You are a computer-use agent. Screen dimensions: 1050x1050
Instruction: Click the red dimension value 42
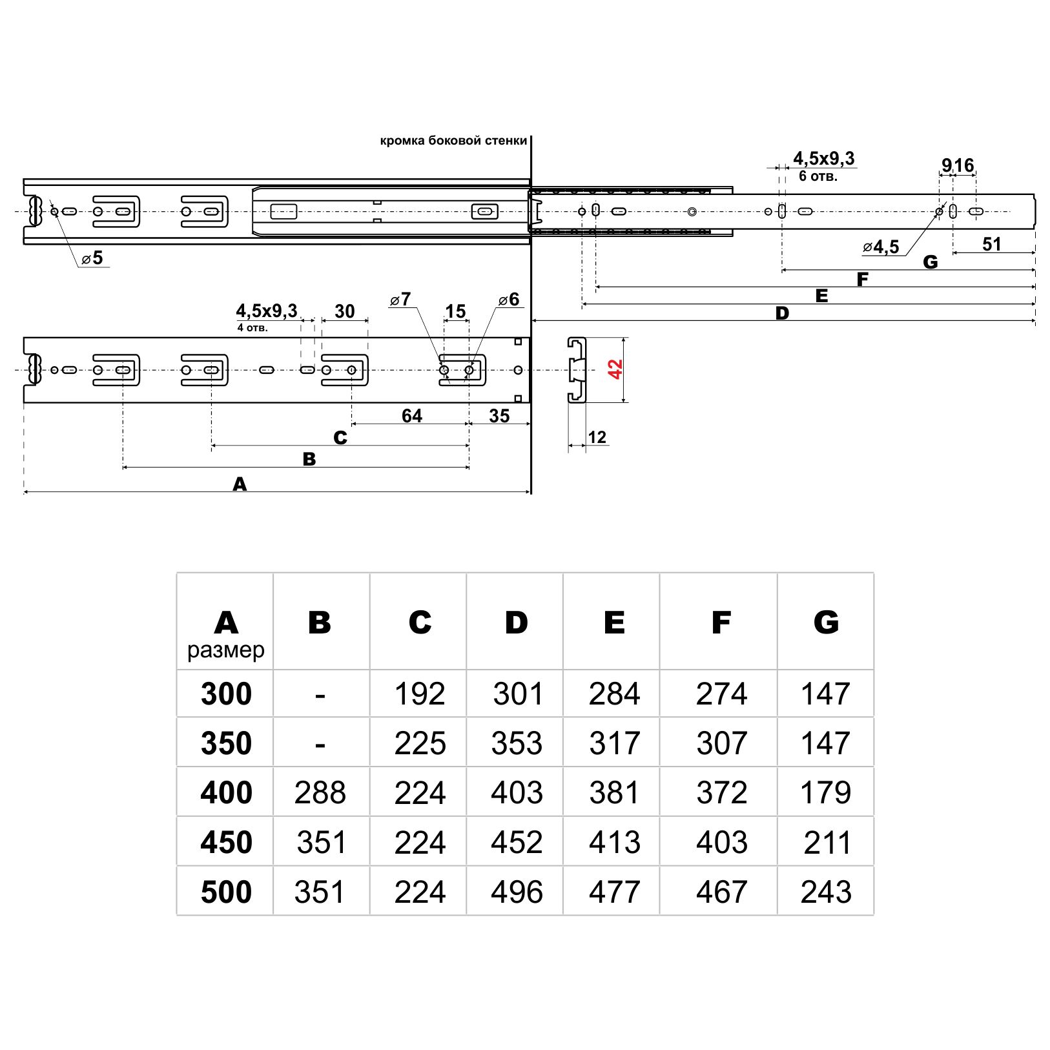pyautogui.click(x=615, y=369)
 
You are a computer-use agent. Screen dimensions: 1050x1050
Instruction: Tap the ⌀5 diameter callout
pyautogui.click(x=93, y=258)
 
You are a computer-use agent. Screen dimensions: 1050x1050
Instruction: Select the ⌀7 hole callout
pyautogui.click(x=400, y=300)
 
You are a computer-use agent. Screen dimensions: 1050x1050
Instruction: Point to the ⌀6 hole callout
pyautogui.click(x=509, y=300)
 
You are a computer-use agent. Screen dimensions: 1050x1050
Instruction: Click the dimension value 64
pyautogui.click(x=411, y=416)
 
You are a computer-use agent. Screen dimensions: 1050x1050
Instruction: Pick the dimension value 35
pyautogui.click(x=499, y=416)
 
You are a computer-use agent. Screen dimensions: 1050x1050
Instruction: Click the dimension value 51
pyautogui.click(x=991, y=244)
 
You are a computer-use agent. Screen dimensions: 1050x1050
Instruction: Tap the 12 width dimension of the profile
pyautogui.click(x=597, y=438)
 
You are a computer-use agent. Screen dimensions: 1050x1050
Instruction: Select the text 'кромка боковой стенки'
pyautogui.click(x=453, y=141)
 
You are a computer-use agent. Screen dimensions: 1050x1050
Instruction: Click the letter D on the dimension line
pyautogui.click(x=782, y=314)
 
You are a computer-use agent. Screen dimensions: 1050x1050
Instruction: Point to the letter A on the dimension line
pyautogui.click(x=240, y=484)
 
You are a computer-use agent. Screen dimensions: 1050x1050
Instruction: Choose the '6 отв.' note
pyautogui.click(x=818, y=176)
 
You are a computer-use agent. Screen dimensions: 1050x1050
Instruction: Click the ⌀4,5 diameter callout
pyautogui.click(x=881, y=247)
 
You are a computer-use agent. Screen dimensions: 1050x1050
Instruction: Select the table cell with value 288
pyautogui.click(x=320, y=792)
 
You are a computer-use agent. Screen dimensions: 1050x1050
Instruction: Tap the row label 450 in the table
pyautogui.click(x=226, y=842)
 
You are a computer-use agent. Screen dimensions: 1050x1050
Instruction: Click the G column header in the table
pyautogui.click(x=826, y=623)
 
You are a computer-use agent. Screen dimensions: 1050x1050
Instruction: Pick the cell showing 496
pyautogui.click(x=517, y=892)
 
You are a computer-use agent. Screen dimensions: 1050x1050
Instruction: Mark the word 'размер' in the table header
pyautogui.click(x=226, y=650)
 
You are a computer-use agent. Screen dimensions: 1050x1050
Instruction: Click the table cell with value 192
pyautogui.click(x=420, y=694)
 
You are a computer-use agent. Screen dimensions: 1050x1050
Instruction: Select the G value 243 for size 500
pyautogui.click(x=826, y=892)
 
